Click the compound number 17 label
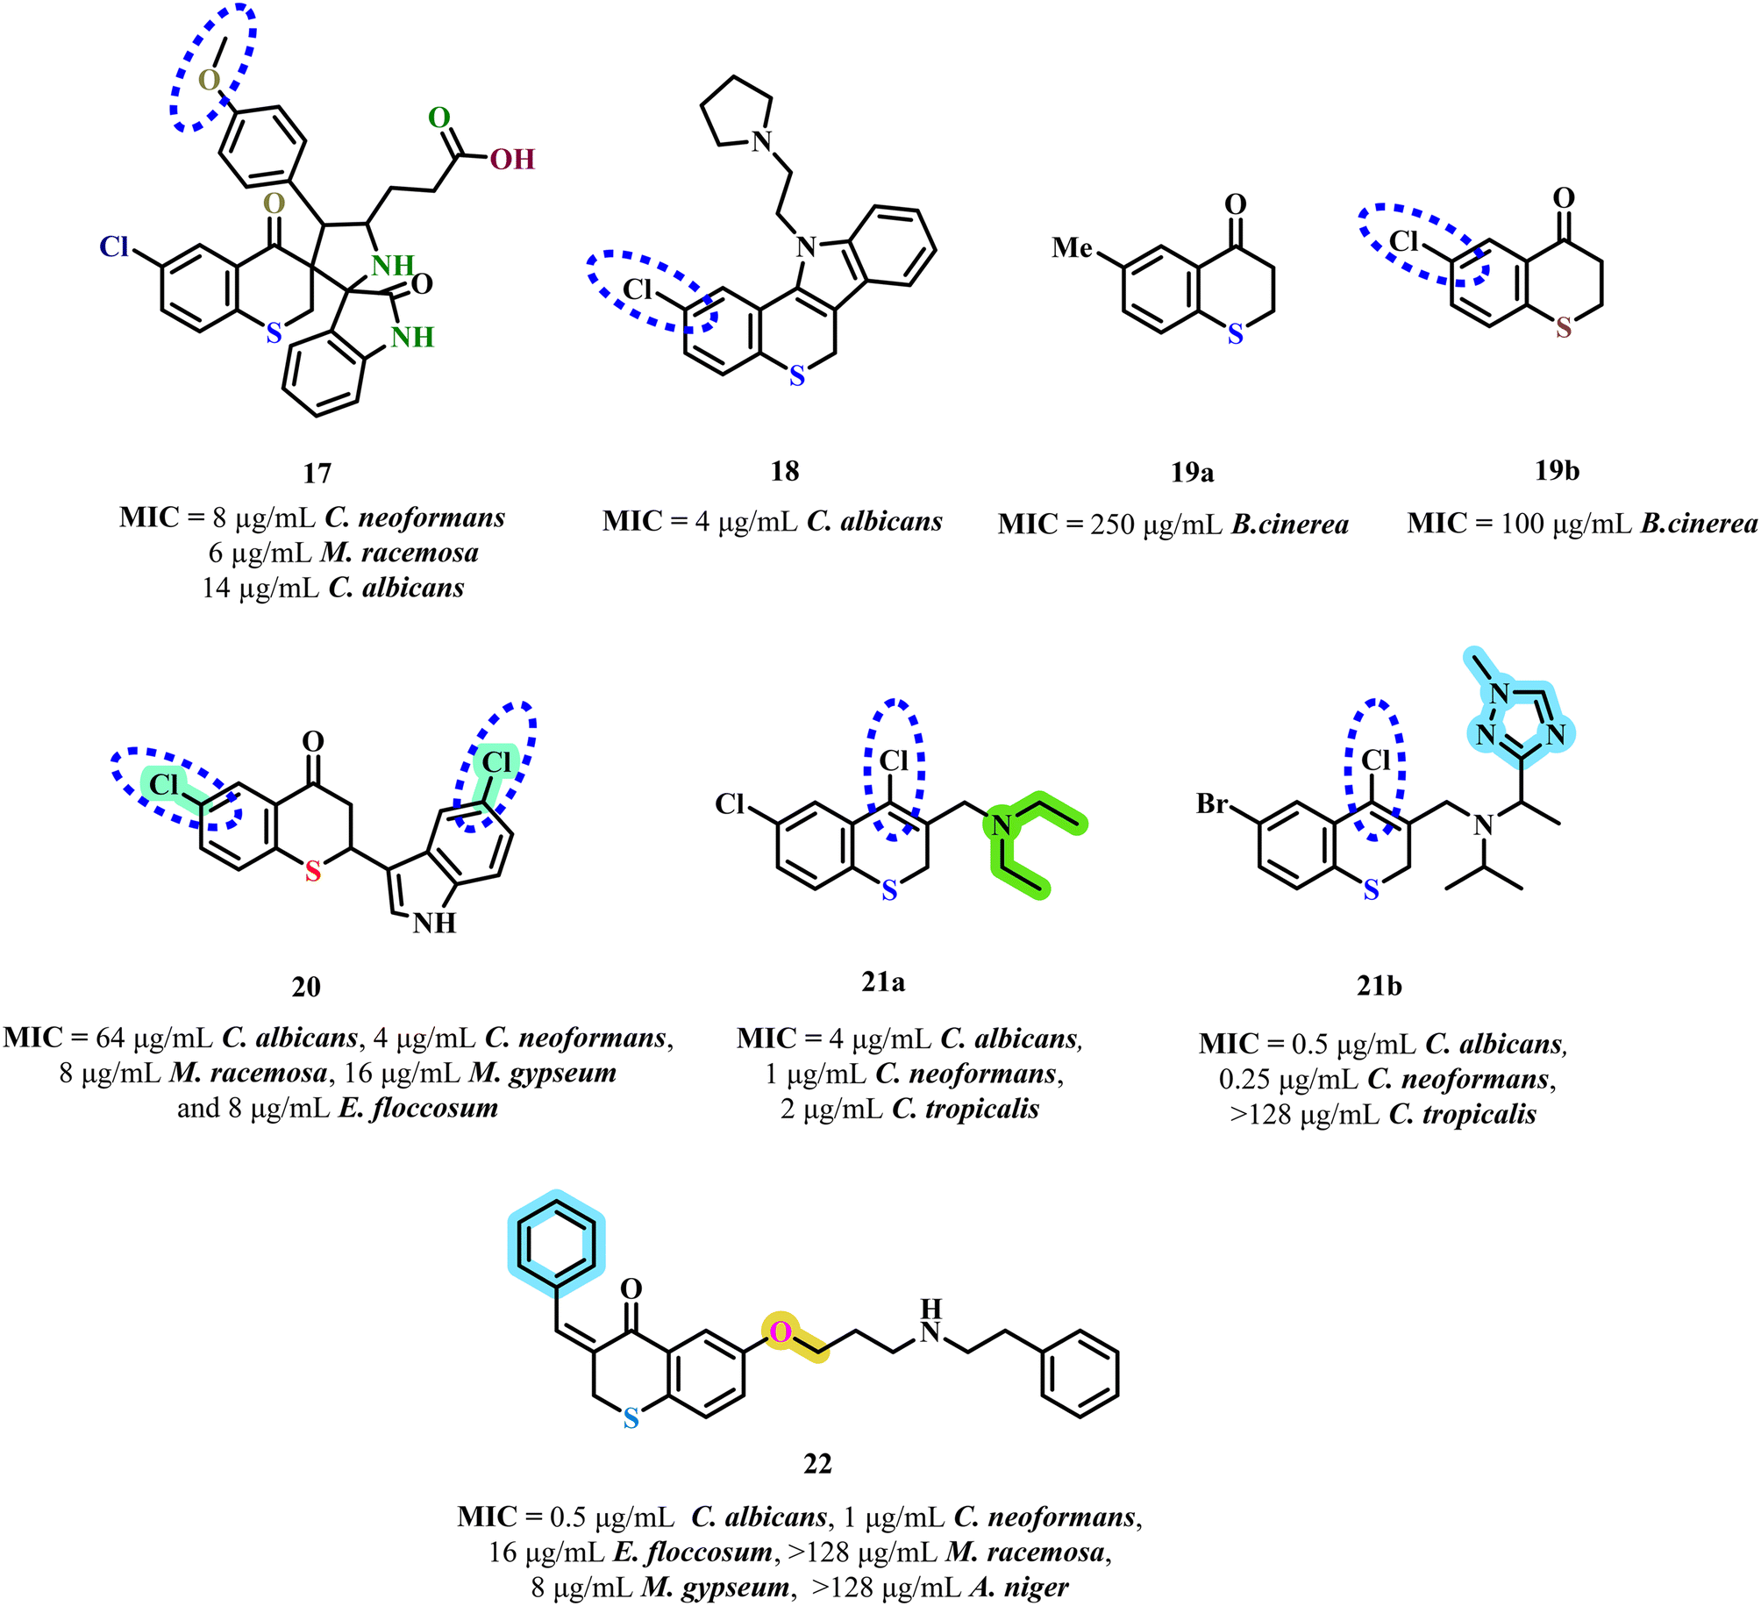[x=317, y=474]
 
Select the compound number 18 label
[x=785, y=471]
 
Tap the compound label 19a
[x=1193, y=472]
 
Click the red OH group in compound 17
[x=512, y=159]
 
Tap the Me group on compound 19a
[x=1073, y=247]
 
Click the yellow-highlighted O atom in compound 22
[x=780, y=1332]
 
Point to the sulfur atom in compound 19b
[x=1564, y=328]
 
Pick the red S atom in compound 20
[x=313, y=871]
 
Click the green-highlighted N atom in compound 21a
[x=1001, y=824]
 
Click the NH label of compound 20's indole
[x=435, y=923]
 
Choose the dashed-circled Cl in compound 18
[x=638, y=289]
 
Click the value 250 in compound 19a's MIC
[x=1113, y=525]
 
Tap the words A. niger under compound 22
[x=1018, y=1588]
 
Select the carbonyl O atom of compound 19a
[x=1235, y=204]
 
